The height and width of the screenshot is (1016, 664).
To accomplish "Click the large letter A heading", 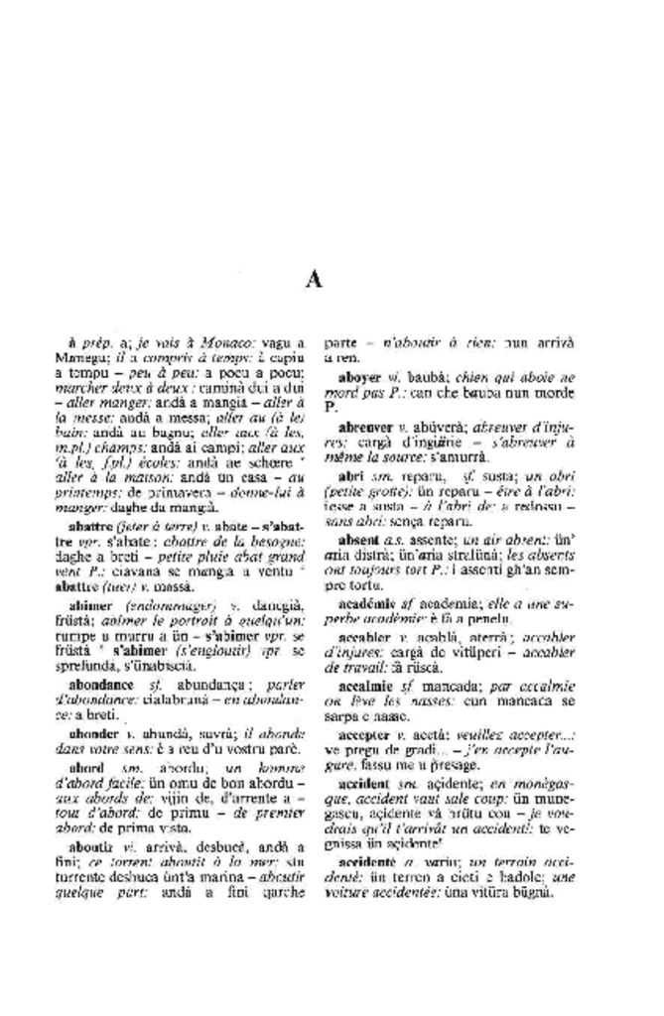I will [x=314, y=281].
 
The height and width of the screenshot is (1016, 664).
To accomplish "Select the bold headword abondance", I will [x=101, y=685].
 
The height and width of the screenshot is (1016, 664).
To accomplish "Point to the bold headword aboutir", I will [x=90, y=846].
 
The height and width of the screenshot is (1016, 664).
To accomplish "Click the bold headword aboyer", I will [x=359, y=378].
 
